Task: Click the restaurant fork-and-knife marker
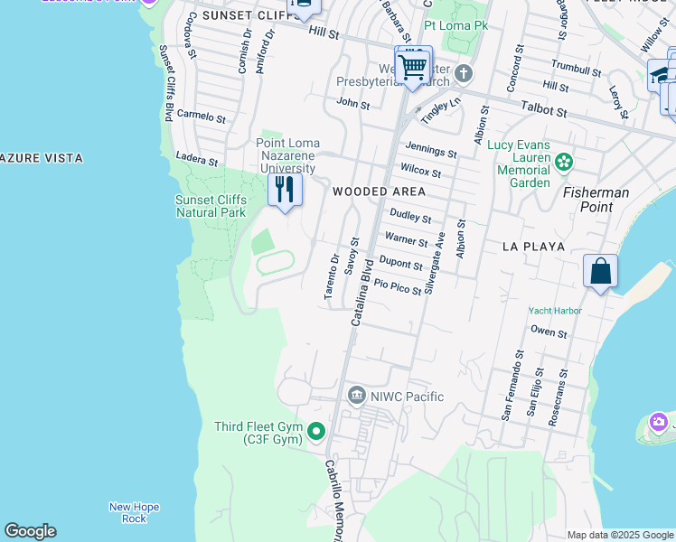(285, 191)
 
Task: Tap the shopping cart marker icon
(413, 66)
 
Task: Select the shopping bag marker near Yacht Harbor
(601, 271)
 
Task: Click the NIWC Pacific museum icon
(357, 396)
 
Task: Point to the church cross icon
(464, 73)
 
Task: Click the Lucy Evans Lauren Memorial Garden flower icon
(565, 163)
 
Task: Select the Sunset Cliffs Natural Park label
(211, 206)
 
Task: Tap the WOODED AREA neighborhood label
(379, 192)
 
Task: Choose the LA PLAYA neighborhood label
(534, 246)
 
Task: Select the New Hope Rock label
(134, 512)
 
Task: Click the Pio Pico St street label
(398, 286)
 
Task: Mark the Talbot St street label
(548, 112)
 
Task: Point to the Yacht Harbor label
(555, 311)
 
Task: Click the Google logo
(30, 531)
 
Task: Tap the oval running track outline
(276, 263)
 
